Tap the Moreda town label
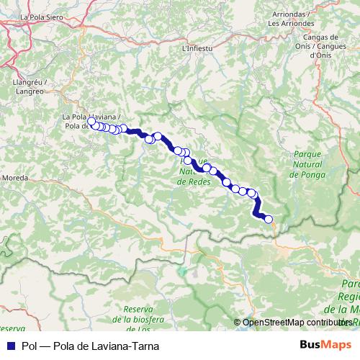15,176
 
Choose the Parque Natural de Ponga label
310,165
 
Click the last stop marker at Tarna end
269,219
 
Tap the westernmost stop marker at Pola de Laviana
91,122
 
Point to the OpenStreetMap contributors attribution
297,322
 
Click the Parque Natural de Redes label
193,172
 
